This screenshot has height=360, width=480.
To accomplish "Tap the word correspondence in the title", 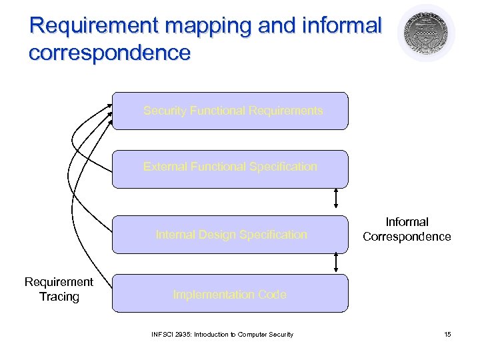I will (109, 52).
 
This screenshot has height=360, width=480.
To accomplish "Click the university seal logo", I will (426, 33).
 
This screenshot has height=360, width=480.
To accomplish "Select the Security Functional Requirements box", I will (230, 111).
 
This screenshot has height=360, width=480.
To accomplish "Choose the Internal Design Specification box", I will (230, 235).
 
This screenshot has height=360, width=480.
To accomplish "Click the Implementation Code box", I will (230, 293).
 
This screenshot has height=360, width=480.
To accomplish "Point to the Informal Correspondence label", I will (407, 229).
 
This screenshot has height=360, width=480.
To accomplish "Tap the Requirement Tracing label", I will (59, 289).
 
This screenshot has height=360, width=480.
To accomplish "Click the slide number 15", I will (447, 334).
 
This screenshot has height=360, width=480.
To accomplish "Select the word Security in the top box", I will (165, 111).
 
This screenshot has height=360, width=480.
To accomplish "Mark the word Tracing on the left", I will (59, 297).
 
